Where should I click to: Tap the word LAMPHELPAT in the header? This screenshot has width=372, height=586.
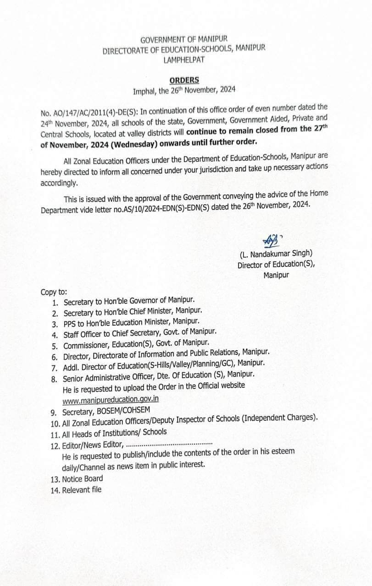pyautogui.click(x=183, y=59)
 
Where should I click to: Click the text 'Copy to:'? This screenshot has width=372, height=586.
pyautogui.click(x=54, y=292)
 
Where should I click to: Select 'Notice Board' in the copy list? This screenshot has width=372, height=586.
pyautogui.click(x=83, y=478)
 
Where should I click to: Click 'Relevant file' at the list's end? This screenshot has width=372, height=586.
pyautogui.click(x=82, y=490)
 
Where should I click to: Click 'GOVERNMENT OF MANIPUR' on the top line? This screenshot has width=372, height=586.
pyautogui.click(x=183, y=40)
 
